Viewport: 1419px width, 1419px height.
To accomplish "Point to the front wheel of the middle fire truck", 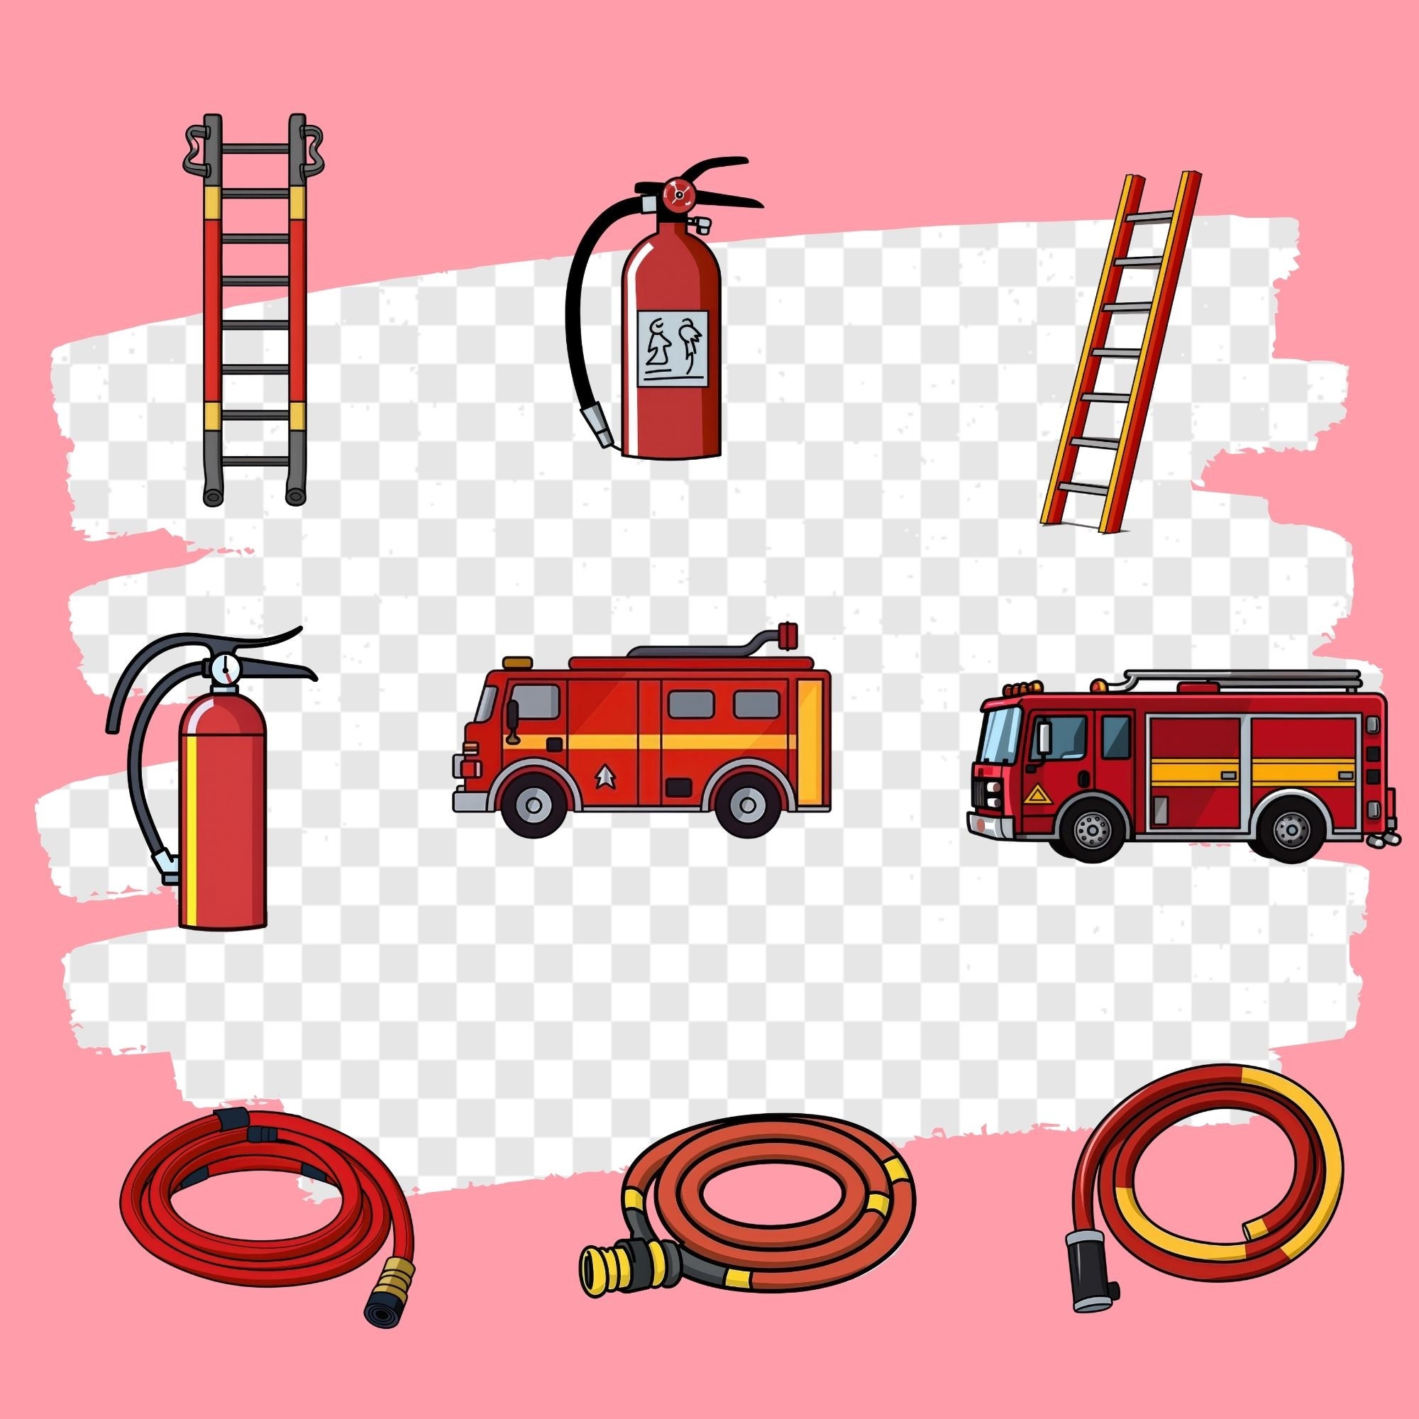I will point(536,806).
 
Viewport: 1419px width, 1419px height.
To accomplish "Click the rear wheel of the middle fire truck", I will point(748,806).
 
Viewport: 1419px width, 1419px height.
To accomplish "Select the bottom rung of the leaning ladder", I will point(1083,488).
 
